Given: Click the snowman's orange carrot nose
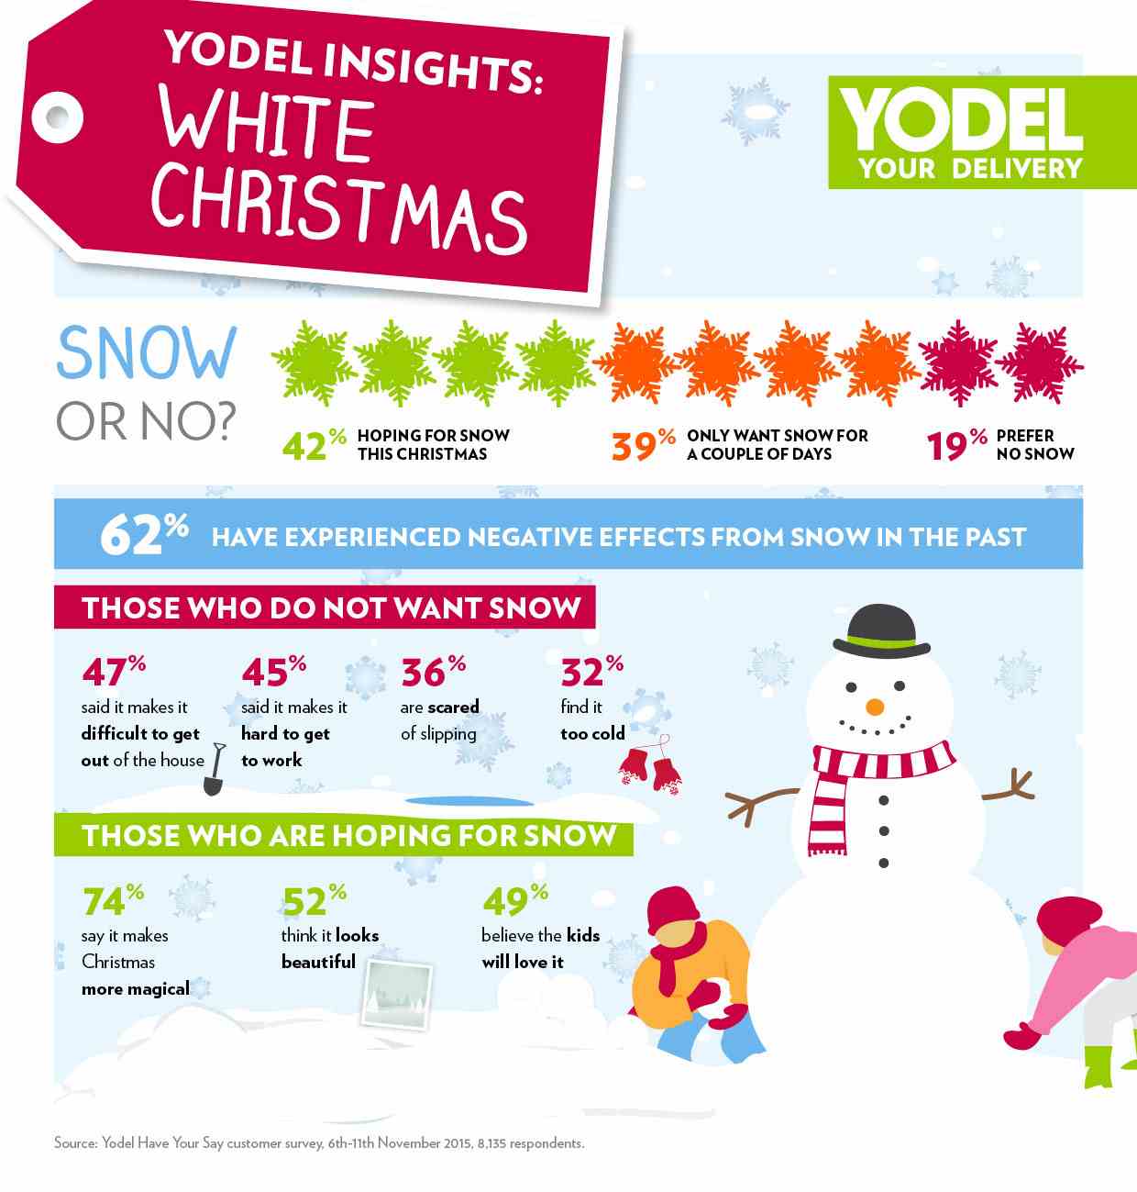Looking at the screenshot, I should [x=875, y=707].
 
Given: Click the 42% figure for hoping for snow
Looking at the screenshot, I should [x=313, y=446].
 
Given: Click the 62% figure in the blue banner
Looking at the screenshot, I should [x=143, y=534].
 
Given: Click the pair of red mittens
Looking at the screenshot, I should [x=650, y=767].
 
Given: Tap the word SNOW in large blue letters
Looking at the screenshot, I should [x=147, y=354].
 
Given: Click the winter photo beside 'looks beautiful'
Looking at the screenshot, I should [x=396, y=994].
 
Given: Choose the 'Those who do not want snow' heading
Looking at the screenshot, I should [x=326, y=607].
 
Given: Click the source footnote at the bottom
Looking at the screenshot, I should [x=319, y=1143].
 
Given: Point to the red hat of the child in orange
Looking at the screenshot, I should [x=674, y=908].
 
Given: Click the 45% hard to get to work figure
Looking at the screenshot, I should [x=273, y=672].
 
